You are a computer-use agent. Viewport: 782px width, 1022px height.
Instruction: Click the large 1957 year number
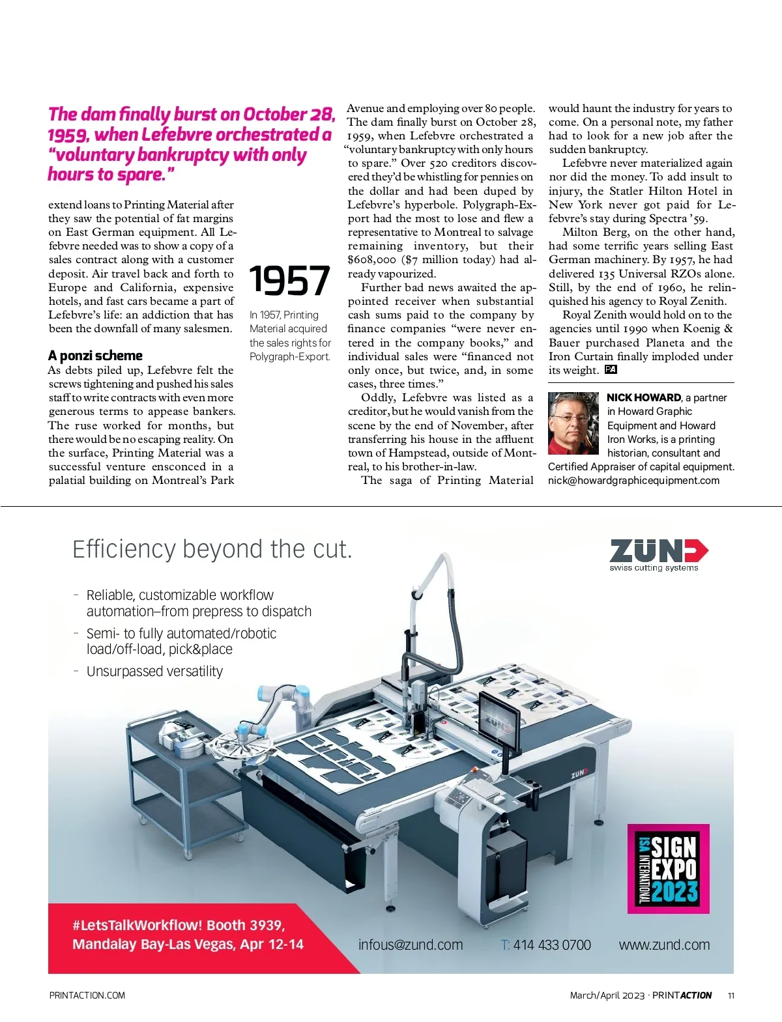click(289, 280)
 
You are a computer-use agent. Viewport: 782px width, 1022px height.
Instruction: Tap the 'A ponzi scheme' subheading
click(95, 356)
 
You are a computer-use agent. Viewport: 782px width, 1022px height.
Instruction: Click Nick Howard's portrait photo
click(573, 423)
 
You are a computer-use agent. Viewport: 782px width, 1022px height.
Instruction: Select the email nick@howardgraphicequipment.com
click(633, 481)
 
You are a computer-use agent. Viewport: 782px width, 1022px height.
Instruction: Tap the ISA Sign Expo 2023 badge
click(668, 869)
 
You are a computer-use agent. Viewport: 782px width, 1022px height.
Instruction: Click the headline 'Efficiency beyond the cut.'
click(212, 549)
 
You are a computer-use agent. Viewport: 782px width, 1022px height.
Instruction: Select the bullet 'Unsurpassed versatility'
click(154, 672)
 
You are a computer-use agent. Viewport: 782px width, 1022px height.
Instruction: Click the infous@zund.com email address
click(411, 945)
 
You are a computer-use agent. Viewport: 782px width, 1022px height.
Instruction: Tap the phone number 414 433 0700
click(551, 945)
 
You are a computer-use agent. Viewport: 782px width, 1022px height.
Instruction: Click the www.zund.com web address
click(664, 945)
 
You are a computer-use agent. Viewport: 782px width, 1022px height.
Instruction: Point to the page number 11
click(731, 995)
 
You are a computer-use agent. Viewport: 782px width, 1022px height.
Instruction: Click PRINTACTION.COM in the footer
click(87, 995)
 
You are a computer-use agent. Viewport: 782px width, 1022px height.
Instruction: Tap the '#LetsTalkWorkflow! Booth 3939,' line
click(179, 926)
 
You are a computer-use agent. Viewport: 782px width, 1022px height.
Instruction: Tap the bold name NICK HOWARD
click(643, 397)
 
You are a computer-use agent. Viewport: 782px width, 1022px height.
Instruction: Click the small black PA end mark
click(611, 370)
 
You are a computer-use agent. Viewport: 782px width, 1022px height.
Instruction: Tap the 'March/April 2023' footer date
click(607, 995)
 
